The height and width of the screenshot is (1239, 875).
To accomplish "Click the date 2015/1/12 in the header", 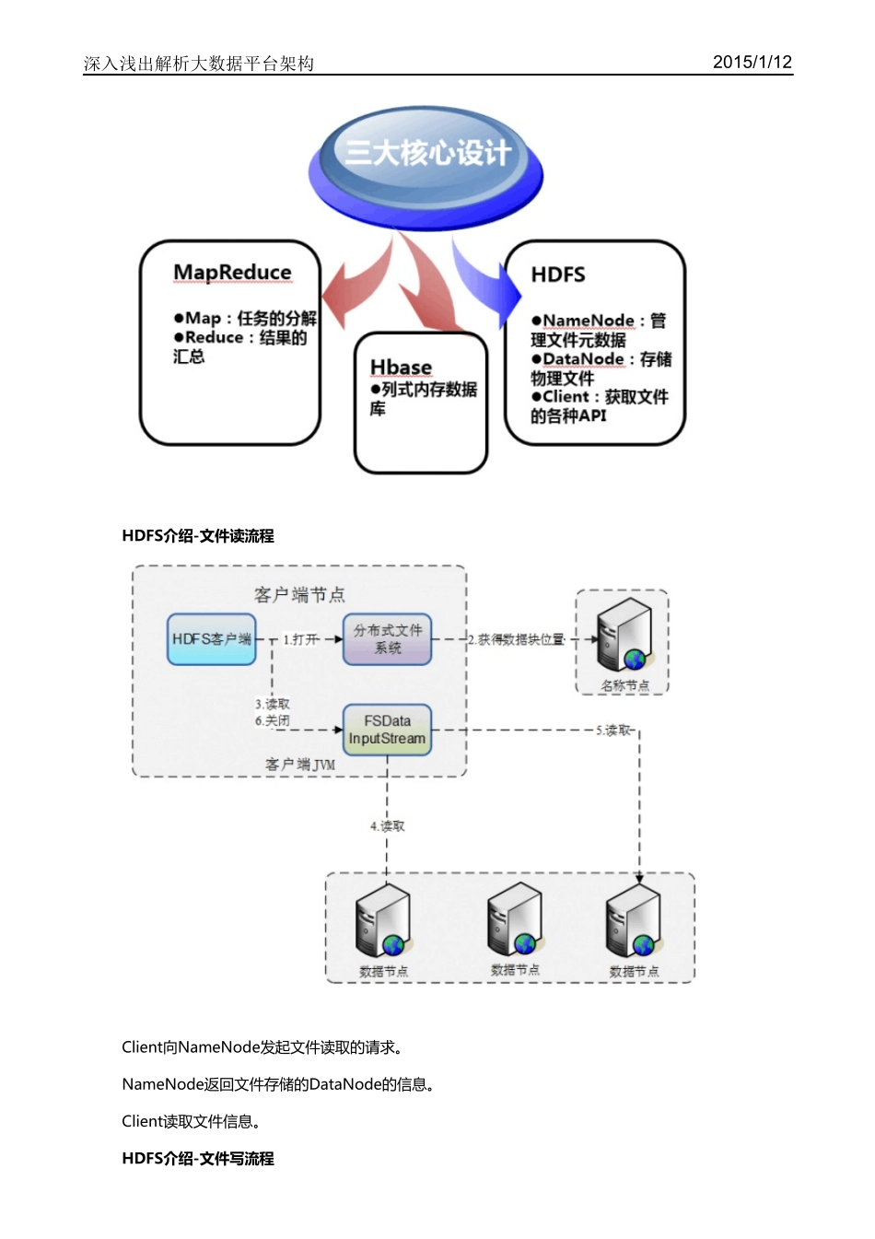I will click(752, 62).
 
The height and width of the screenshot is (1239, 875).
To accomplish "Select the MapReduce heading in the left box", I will click(232, 273).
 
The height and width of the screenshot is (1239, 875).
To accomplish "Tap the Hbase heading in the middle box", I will click(401, 367).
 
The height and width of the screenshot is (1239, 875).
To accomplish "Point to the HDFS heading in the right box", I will click(558, 275).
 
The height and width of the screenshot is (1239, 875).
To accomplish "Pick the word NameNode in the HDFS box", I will click(589, 321).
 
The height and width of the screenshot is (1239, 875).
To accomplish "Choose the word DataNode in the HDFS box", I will click(583, 359).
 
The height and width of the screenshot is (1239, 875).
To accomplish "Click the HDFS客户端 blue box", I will click(212, 639).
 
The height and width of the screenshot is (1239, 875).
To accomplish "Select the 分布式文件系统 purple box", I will click(387, 639).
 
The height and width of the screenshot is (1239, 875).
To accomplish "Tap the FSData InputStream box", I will click(387, 730).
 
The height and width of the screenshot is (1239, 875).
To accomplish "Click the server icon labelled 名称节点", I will click(624, 636).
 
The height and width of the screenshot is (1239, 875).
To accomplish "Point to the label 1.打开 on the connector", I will click(301, 639).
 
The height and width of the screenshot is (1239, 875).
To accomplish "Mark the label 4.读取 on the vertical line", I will click(388, 826).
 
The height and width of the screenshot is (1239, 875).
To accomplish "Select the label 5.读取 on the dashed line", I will click(613, 731).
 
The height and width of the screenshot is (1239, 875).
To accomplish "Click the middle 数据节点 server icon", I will click(515, 920).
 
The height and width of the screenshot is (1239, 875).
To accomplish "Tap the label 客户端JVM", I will click(300, 765).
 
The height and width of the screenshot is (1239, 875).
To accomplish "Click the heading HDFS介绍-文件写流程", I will click(198, 1159).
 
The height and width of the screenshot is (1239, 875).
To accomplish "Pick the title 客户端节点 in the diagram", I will click(299, 595).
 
